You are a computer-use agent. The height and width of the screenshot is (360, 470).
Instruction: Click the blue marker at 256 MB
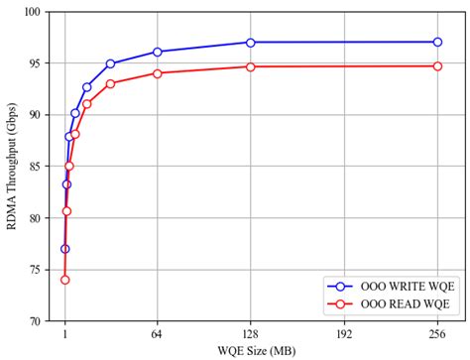tap(437, 42)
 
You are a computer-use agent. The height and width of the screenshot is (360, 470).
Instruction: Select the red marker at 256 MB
tap(437, 66)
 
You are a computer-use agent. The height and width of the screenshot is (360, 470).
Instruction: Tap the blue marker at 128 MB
tap(250, 42)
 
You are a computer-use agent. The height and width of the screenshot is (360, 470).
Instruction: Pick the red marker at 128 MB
tap(250, 66)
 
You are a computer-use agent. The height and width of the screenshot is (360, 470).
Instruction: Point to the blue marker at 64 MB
tap(158, 52)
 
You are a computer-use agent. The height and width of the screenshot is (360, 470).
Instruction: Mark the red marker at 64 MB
tap(158, 72)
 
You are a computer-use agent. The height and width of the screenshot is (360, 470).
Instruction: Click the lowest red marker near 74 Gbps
tap(64, 280)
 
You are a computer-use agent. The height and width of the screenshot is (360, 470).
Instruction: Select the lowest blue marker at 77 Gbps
tap(64, 249)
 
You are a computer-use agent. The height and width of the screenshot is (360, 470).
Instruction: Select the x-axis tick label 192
tap(344, 335)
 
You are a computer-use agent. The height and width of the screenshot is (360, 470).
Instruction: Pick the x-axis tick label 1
tap(64, 335)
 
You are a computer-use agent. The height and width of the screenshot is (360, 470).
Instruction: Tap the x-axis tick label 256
tap(437, 335)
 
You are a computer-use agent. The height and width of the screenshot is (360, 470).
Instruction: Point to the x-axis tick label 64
tap(158, 335)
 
